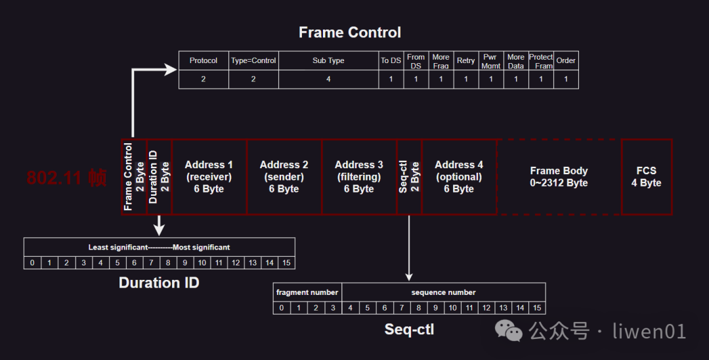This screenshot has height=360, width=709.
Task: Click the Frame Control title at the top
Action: [349, 32]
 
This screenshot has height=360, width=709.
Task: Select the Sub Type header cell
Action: [328, 60]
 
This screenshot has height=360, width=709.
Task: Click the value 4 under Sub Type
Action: [328, 79]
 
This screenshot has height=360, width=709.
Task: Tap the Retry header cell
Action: [465, 60]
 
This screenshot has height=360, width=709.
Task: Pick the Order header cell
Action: [566, 60]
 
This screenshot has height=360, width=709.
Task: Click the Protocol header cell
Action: [204, 60]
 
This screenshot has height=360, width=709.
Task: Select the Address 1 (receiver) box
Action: [209, 177]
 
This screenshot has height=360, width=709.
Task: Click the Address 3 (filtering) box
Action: [359, 177]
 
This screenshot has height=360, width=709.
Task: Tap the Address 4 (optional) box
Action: [459, 177]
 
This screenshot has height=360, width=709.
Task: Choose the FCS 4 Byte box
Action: [646, 177]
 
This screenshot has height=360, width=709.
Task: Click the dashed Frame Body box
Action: [559, 177]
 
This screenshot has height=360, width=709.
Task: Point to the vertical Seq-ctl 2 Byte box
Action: [409, 177]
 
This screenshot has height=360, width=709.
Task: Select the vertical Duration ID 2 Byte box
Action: [159, 177]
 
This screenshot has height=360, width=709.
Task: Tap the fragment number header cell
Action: [307, 292]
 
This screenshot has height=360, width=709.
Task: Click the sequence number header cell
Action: [443, 292]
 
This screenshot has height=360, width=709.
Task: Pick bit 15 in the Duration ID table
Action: [286, 263]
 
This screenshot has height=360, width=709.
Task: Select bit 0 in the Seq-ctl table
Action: [282, 307]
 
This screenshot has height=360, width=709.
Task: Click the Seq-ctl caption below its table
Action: [409, 329]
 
